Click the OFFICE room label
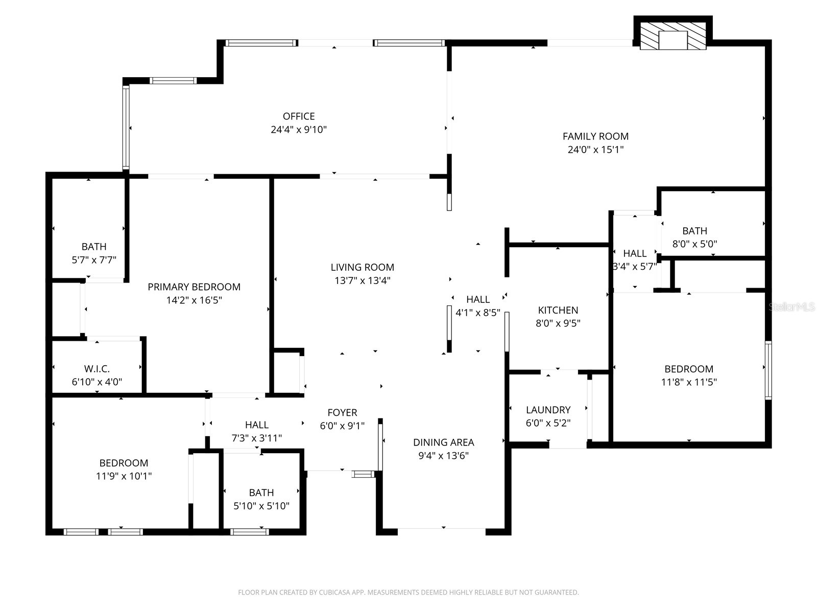pos(299,116)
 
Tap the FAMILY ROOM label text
pos(595,136)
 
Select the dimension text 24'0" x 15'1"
pos(595,150)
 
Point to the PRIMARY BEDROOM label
pos(194,287)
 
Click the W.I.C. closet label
pos(97,369)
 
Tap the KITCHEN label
pos(558,310)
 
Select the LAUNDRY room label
pos(548,410)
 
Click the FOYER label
pos(342,413)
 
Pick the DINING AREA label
pos(443,442)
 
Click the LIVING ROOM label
pos(362,267)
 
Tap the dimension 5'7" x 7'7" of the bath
pos(94,260)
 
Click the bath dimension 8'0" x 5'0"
pos(694,244)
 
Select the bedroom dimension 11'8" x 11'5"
pos(689,382)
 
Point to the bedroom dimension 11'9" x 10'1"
pos(124,476)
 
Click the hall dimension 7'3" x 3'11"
pos(256,438)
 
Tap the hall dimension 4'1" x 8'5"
pos(477,313)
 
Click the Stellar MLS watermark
pos(791,307)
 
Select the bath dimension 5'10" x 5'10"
pos(261,506)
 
